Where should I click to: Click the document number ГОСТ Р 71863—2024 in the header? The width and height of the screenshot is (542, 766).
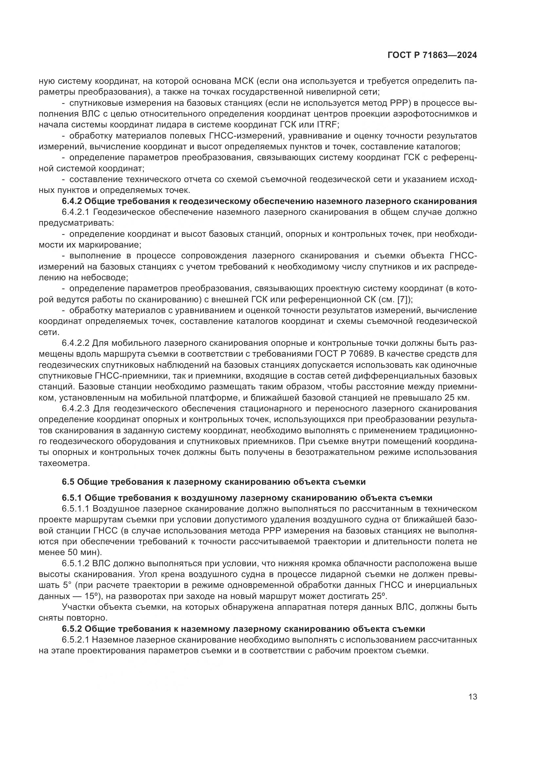pos(432,55)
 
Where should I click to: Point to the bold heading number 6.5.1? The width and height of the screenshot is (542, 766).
pos(72,498)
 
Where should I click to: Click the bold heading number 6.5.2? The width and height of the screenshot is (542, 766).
pos(72,629)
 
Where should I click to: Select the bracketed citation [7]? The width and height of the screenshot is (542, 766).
pos(404,300)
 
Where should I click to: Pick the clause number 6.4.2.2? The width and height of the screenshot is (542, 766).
pos(76,343)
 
